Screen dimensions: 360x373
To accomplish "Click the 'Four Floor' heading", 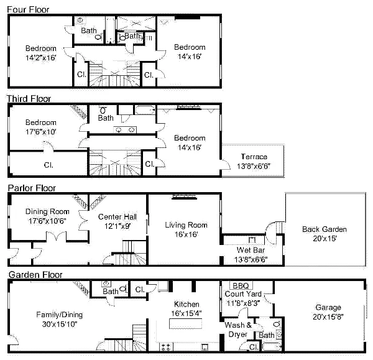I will coord(28,10).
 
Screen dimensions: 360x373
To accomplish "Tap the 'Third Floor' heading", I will coord(29,98).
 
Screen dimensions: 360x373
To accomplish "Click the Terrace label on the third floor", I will coord(253,157).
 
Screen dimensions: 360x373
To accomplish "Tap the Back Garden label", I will coord(324,229).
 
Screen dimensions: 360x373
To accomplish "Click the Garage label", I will coord(328,308).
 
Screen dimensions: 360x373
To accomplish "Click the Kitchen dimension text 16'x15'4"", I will coord(186,313).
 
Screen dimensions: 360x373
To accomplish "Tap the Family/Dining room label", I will coord(59,315).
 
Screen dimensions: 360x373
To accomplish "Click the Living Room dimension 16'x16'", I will coord(186,234).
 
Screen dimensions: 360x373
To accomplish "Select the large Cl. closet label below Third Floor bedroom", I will coord(48,165).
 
